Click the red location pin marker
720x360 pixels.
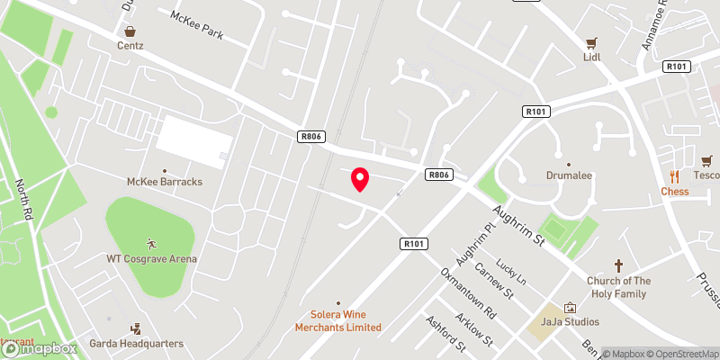[x=360, y=179]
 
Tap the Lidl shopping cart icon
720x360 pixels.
[x=591, y=42]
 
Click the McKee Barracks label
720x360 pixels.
[x=164, y=181]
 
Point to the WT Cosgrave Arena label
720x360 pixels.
[x=151, y=259]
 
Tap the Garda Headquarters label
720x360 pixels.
[x=136, y=343]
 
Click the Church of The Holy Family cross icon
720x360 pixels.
[x=618, y=265]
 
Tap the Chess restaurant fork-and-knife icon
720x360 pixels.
[x=674, y=176]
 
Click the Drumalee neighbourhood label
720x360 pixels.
[x=569, y=176]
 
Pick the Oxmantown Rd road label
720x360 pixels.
[x=468, y=293]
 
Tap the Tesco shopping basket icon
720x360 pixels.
[x=706, y=160]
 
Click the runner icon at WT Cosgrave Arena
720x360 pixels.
[x=151, y=244]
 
